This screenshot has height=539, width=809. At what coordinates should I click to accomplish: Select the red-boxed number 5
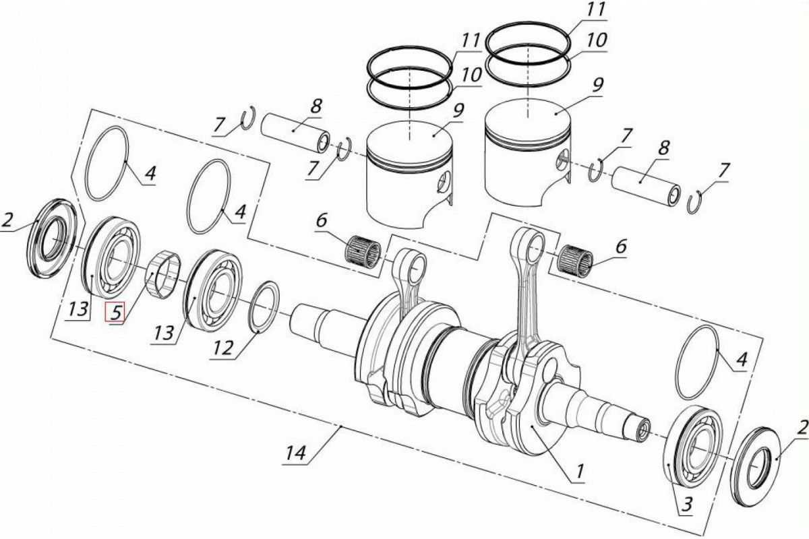click(115, 313)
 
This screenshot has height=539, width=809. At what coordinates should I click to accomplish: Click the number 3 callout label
click(686, 503)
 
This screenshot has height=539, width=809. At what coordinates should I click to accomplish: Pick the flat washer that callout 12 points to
click(265, 307)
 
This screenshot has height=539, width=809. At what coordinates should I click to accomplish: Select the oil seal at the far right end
click(758, 465)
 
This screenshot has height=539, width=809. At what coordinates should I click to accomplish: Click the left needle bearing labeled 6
click(363, 252)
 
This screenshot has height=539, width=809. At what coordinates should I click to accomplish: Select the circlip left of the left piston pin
click(248, 120)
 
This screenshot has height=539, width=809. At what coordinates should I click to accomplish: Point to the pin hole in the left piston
click(442, 182)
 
